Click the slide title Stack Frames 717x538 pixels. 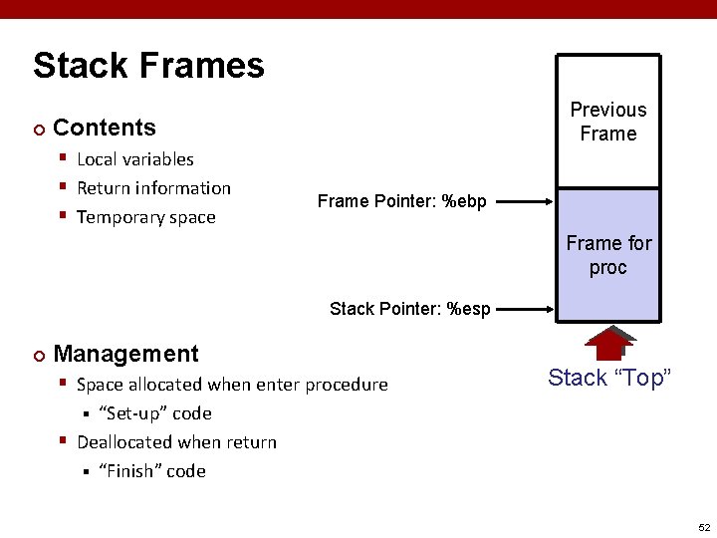(148, 66)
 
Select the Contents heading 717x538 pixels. (104, 128)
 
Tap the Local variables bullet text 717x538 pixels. (134, 159)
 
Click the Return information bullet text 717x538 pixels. (153, 188)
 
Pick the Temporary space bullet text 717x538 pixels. (145, 217)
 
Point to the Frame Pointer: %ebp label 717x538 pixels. (401, 202)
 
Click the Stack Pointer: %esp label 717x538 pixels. (409, 309)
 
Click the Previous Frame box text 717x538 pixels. (607, 122)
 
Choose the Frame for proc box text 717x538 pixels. (608, 255)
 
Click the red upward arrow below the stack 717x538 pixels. (609, 342)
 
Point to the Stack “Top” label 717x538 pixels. (609, 378)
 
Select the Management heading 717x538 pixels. (125, 354)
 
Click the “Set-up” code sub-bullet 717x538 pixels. (154, 413)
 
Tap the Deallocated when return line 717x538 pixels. (176, 442)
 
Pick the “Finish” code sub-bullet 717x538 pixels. (151, 471)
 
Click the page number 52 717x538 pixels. (703, 527)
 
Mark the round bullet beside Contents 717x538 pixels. (38, 129)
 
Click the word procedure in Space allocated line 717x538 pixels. (347, 385)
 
